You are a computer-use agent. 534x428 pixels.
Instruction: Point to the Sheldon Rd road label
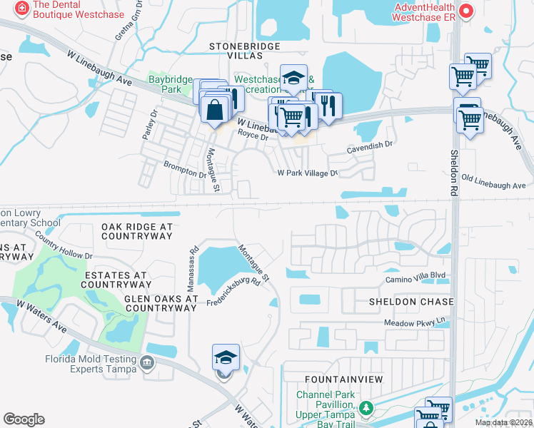[x=453, y=173]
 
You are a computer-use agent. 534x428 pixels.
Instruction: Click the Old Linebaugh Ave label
[x=494, y=182]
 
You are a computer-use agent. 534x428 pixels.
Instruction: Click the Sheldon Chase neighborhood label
[x=411, y=302]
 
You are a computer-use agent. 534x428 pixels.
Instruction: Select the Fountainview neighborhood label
[x=344, y=379]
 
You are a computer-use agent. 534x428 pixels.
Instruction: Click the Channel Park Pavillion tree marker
[x=366, y=408]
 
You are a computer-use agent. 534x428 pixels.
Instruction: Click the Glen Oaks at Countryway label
[x=160, y=303]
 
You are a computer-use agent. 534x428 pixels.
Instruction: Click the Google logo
[x=24, y=419]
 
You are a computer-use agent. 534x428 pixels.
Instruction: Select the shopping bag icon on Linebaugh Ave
[x=214, y=111]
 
